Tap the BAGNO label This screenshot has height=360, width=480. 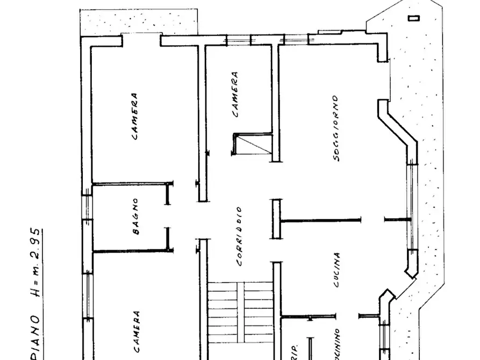[135, 217]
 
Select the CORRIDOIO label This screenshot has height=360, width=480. [238, 236]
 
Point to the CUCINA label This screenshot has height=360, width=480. [336, 270]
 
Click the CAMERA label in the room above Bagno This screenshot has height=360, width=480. [134, 117]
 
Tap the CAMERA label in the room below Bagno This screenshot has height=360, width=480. [137, 330]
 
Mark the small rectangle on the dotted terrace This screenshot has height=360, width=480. [413, 18]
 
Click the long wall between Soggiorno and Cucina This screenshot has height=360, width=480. [321, 220]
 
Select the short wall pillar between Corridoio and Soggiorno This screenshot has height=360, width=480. [276, 219]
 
